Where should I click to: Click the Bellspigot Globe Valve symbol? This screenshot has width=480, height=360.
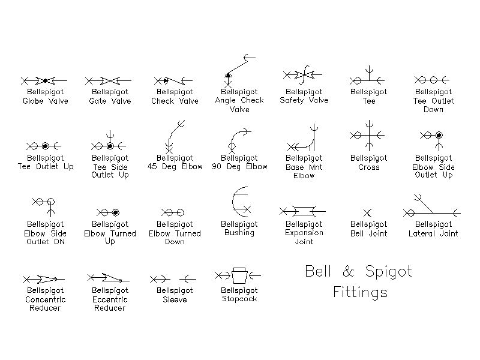pyautogui.click(x=45, y=81)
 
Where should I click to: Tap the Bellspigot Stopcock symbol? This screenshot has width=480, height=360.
pyautogui.click(x=239, y=276)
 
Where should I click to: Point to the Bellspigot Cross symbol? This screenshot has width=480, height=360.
pyautogui.click(x=370, y=136)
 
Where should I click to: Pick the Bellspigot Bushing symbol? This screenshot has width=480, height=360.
pyautogui.click(x=233, y=202)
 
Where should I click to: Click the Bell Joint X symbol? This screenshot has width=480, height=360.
pyautogui.click(x=367, y=213)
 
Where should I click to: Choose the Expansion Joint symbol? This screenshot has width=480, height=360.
pyautogui.click(x=304, y=211)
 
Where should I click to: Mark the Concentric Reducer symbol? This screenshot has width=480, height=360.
pyautogui.click(x=44, y=279)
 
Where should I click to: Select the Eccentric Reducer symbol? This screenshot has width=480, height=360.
pyautogui.click(x=109, y=278)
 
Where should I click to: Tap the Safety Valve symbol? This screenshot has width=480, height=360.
pyautogui.click(x=303, y=74)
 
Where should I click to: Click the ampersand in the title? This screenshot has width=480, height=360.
pyautogui.click(x=348, y=271)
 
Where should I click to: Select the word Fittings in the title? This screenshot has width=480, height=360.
pyautogui.click(x=361, y=292)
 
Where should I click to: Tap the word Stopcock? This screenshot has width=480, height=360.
pyautogui.click(x=239, y=299)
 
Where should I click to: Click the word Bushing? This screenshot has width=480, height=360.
pyautogui.click(x=239, y=233)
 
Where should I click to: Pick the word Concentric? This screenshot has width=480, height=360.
pyautogui.click(x=46, y=299)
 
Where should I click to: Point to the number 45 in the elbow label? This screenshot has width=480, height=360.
pyautogui.click(x=152, y=167)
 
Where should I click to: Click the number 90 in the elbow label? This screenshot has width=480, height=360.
pyautogui.click(x=217, y=167)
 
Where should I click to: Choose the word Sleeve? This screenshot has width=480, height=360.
pyautogui.click(x=175, y=299)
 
